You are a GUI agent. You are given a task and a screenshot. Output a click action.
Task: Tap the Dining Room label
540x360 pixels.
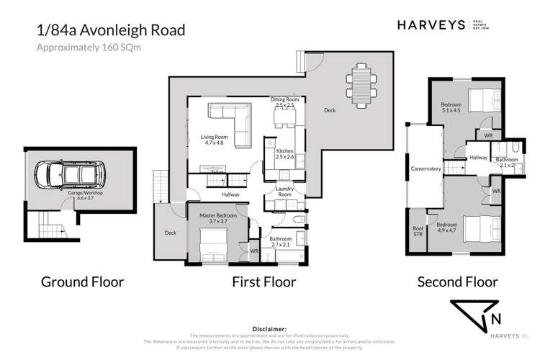click(x=283, y=102)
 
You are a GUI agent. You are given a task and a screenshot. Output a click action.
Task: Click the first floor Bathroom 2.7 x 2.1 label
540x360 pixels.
click(x=281, y=242)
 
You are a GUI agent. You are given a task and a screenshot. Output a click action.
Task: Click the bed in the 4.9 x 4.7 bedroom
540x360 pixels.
click(x=479, y=229)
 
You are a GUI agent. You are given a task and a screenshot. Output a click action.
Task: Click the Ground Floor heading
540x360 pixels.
click(x=82, y=282)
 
